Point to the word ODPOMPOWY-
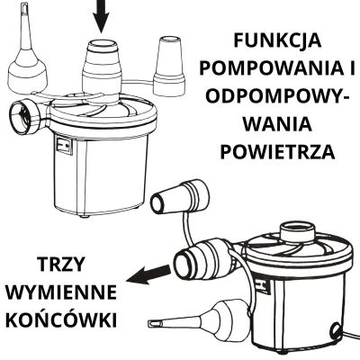pos(274,96)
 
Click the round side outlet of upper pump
pos(24,117)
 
